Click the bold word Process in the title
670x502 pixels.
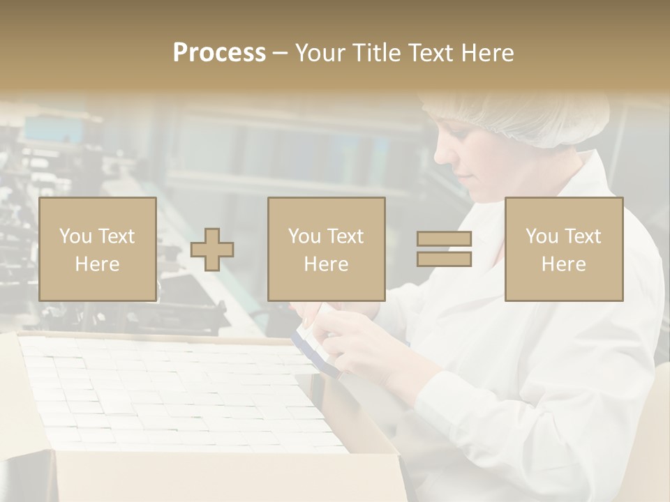219,53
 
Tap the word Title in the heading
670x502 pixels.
379,53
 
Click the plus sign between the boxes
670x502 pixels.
212,250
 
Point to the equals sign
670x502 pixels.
444,249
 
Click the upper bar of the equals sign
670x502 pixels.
444,239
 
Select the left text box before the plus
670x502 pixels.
97,249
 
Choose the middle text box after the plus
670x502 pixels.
326,249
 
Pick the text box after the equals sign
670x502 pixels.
563,249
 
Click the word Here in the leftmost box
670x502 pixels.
97,264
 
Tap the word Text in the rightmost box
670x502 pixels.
583,237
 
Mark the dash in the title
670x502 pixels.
281,53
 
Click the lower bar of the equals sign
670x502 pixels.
444,259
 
